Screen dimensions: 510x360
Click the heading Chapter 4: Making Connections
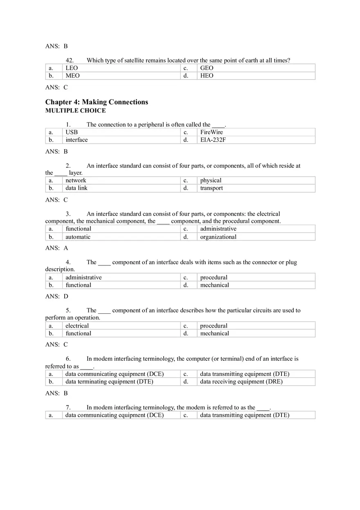pos(97,102)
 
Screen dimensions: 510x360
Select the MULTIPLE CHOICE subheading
pos(75,110)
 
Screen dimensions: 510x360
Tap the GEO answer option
pos(207,68)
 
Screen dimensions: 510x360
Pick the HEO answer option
pos(207,76)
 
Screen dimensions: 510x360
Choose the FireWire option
pos(211,132)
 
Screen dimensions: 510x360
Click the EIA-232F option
pos(213,140)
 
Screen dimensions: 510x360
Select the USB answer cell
pos(72,132)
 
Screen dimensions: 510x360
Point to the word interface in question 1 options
pos(76,140)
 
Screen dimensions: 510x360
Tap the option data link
pos(76,188)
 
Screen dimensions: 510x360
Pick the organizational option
pos(218,237)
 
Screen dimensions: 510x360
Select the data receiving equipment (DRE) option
pos(241,382)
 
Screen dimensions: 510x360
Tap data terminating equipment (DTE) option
pos(109,382)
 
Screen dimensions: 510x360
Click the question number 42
pos(70,61)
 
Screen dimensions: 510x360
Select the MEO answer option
pos(72,76)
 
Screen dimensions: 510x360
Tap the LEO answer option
pos(72,68)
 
